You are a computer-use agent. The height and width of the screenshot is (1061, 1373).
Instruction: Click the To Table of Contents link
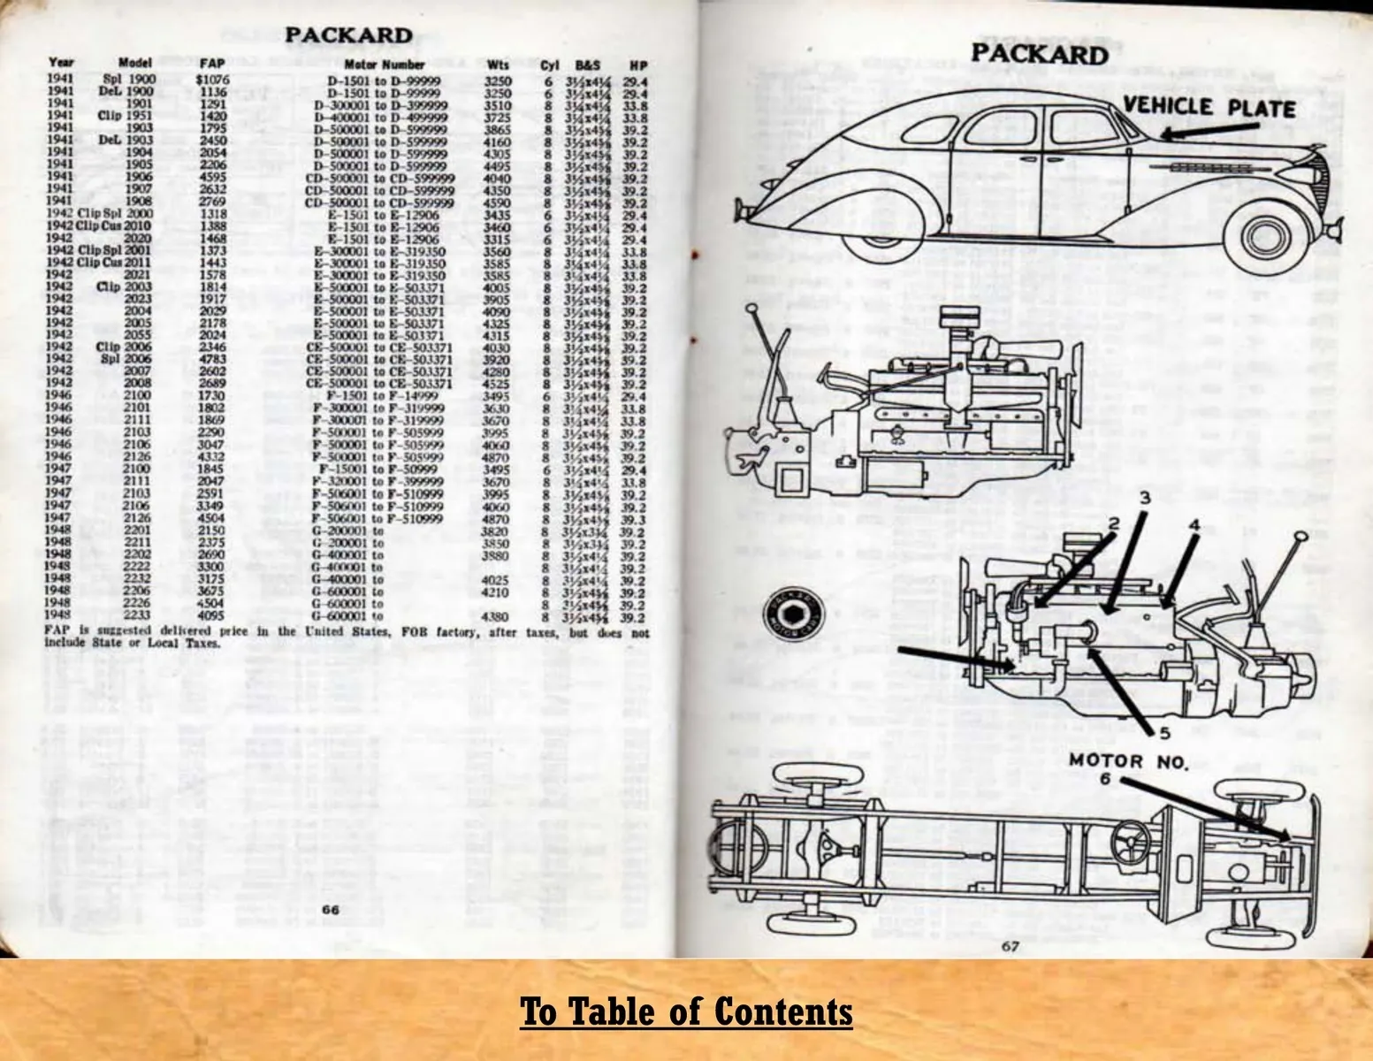[686, 1011]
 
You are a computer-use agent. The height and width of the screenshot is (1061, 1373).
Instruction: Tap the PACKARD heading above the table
[348, 35]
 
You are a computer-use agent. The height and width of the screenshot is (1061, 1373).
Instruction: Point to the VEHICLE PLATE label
[1209, 108]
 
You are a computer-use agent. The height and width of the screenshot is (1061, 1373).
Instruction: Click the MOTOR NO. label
[1128, 760]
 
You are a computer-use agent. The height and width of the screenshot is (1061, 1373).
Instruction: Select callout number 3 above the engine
[1144, 499]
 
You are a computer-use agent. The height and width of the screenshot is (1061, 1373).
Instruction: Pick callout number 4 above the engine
[1194, 523]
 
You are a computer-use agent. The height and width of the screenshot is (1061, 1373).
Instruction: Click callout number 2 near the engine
[1114, 523]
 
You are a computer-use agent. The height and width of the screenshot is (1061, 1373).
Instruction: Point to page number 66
[331, 910]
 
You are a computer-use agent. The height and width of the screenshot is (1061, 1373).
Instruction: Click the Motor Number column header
[385, 65]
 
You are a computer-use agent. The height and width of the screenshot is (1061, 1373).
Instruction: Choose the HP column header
[637, 65]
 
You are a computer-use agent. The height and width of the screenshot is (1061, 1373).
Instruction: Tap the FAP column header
[212, 64]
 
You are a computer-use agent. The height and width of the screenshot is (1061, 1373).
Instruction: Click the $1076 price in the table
[212, 79]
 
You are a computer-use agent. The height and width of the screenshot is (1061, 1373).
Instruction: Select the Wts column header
[497, 65]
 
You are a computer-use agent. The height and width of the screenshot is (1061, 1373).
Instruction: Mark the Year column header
[61, 63]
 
